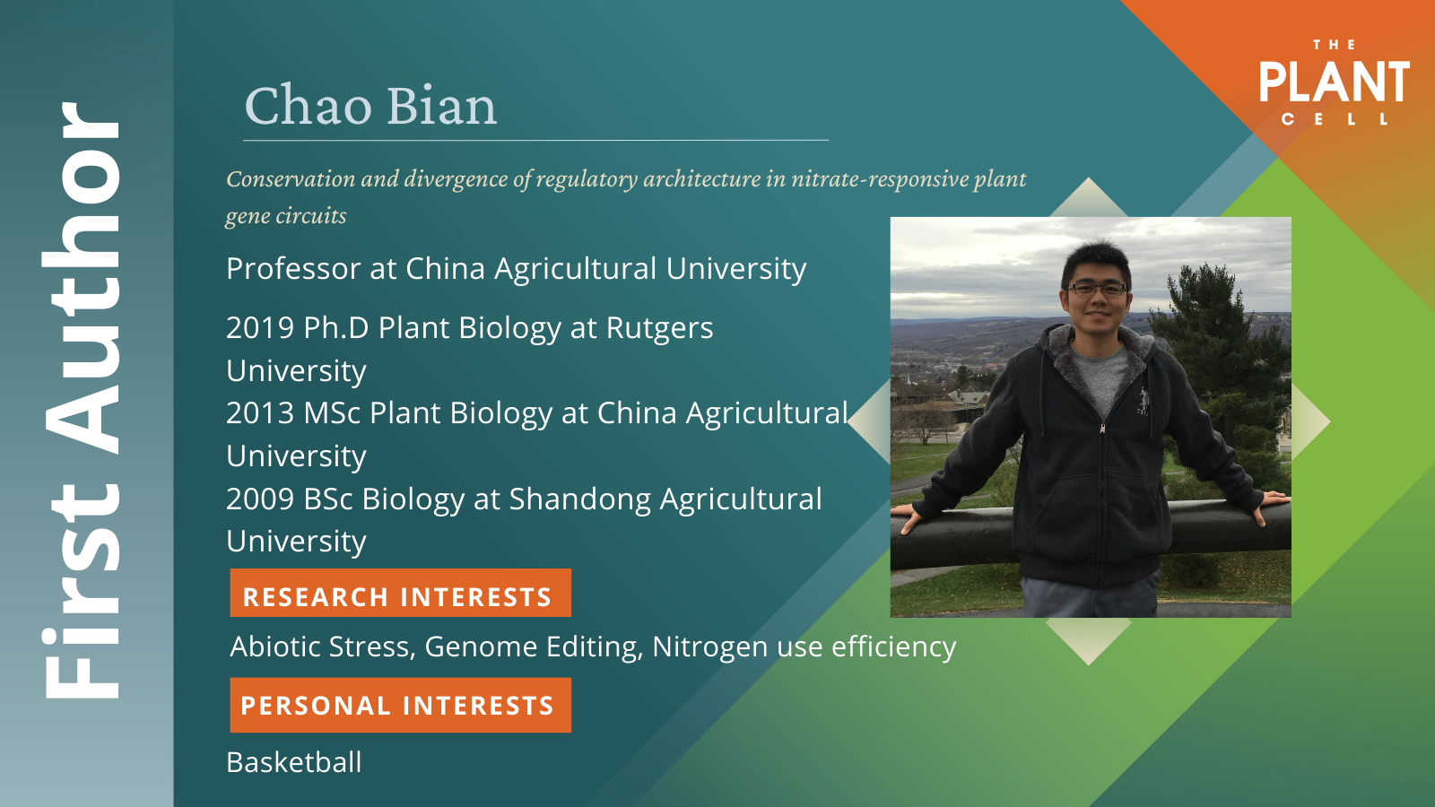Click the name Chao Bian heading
click(x=370, y=106)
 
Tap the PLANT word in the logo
click(x=1335, y=82)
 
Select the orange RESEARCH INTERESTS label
click(x=400, y=593)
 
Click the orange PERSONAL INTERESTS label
click(x=400, y=705)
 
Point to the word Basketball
click(x=294, y=762)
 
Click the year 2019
click(x=260, y=328)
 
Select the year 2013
click(x=260, y=413)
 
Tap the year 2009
click(x=260, y=499)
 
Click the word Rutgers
click(x=659, y=329)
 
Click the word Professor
click(x=293, y=268)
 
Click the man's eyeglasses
click(x=1096, y=290)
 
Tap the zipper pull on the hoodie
click(x=1102, y=428)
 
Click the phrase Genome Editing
click(x=534, y=647)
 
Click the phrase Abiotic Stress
click(x=323, y=646)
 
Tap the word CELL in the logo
click(x=1335, y=119)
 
